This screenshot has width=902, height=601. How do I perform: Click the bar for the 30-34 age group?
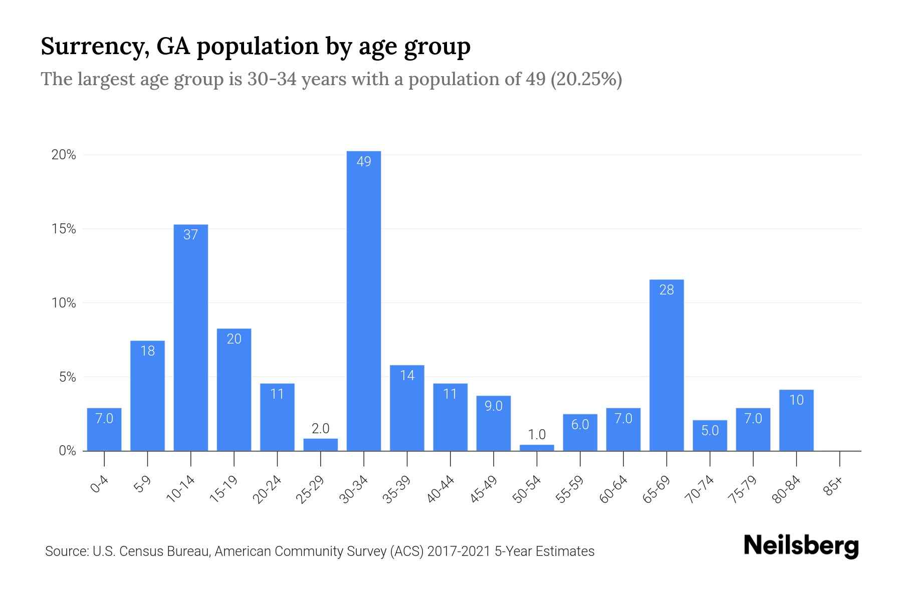(x=364, y=300)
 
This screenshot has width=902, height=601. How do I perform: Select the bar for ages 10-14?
(x=191, y=338)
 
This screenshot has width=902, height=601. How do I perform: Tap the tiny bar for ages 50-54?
(x=537, y=448)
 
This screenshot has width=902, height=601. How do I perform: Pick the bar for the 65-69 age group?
(x=666, y=366)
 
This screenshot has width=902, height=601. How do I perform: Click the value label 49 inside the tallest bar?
(x=364, y=162)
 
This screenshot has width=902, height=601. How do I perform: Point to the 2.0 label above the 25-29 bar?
(x=320, y=429)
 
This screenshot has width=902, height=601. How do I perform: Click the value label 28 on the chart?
(x=666, y=290)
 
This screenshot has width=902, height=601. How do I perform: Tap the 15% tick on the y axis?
(x=64, y=229)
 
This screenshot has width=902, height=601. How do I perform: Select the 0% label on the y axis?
(x=67, y=451)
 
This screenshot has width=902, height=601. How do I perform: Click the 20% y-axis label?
(x=64, y=155)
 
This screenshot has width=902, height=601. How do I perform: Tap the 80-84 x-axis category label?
(x=787, y=489)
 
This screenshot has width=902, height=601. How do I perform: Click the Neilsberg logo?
(x=801, y=546)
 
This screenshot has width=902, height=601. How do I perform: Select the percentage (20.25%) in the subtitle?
(x=586, y=79)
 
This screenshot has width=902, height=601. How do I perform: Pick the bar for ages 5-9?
(x=147, y=396)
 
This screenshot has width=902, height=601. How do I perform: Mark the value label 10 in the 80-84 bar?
(x=796, y=400)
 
